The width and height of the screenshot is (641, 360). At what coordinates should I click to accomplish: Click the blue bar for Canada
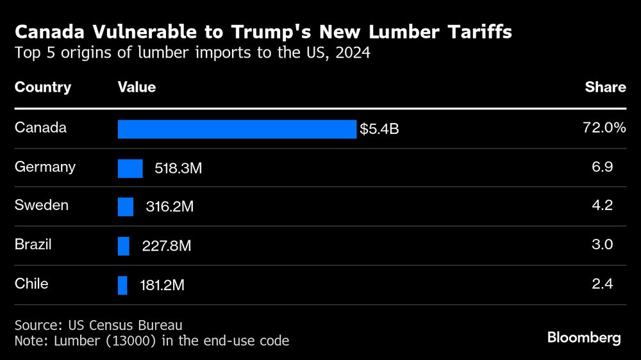[x=237, y=129]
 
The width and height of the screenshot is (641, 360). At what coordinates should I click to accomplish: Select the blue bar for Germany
[x=130, y=168]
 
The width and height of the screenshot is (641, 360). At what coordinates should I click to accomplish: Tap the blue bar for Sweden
[x=126, y=207]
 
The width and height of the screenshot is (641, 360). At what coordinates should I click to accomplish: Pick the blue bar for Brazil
[x=124, y=246]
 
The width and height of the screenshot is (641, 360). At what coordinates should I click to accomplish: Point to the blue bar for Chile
[x=122, y=285]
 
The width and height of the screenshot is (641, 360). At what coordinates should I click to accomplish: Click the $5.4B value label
[x=379, y=129]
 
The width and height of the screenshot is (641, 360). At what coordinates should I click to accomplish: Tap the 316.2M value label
[x=169, y=208]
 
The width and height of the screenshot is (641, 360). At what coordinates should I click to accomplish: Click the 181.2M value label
[x=162, y=286]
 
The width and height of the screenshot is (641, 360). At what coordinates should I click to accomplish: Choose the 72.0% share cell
[x=604, y=128]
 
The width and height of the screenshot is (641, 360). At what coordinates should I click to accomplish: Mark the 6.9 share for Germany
[x=603, y=167]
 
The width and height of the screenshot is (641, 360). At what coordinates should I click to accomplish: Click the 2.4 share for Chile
[x=603, y=284]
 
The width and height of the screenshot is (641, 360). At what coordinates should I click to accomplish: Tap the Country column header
[x=43, y=87]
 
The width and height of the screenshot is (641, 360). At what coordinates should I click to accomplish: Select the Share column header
[x=605, y=87]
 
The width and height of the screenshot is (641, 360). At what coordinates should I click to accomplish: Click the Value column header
[x=137, y=87]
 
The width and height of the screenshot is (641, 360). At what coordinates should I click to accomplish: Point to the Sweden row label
[x=42, y=206]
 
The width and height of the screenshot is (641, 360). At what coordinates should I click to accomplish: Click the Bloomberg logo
[x=584, y=338]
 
